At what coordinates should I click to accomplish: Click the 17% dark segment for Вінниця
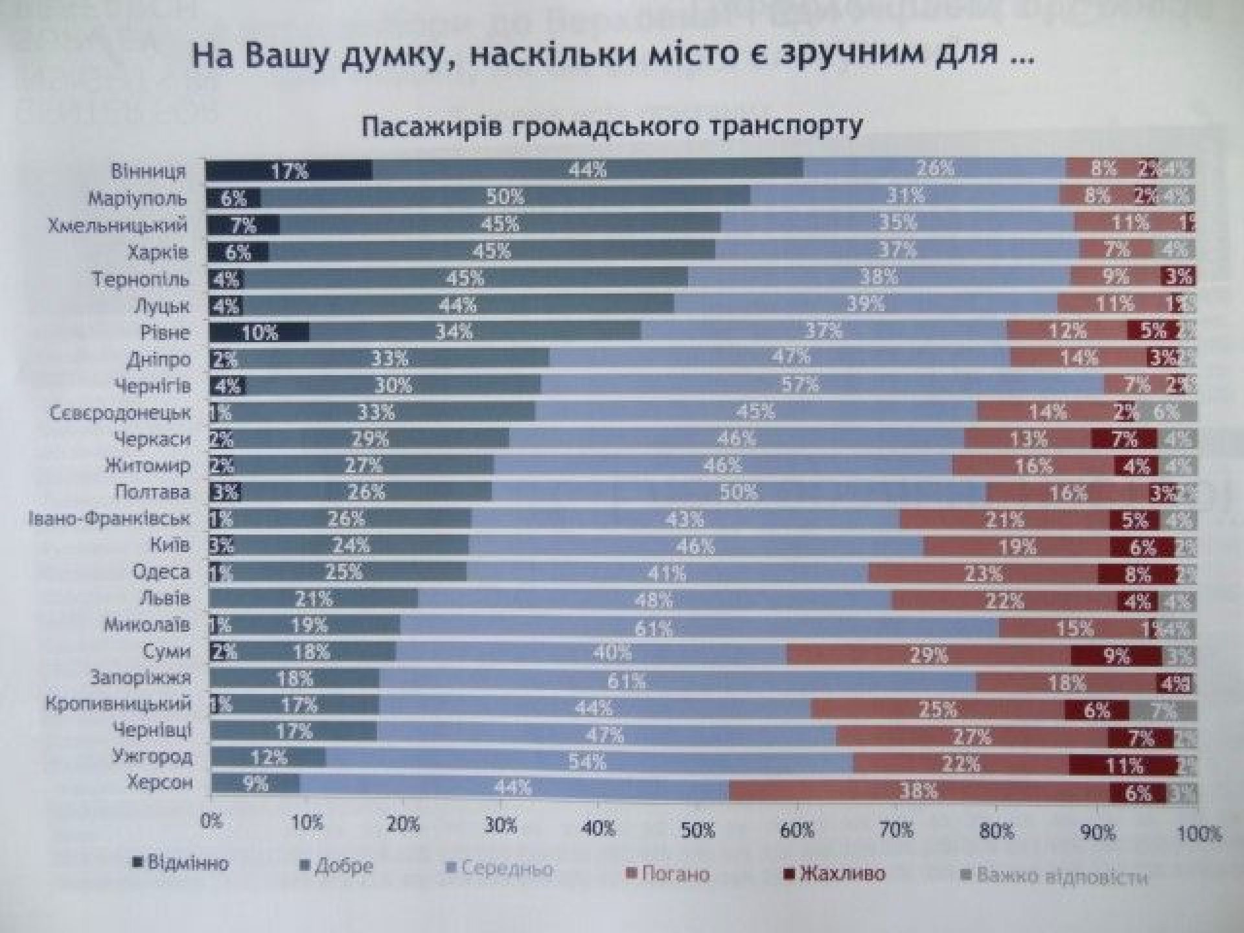(x=289, y=170)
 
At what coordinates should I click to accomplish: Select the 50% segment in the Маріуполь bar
(x=505, y=196)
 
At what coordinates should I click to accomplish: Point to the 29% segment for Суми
(x=929, y=655)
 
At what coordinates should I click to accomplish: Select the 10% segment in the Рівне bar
(x=259, y=332)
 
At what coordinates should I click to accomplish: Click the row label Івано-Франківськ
(x=109, y=519)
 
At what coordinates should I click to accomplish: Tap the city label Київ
(x=170, y=546)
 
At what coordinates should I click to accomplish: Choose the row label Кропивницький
(x=118, y=704)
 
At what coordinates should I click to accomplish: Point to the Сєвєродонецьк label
(x=120, y=413)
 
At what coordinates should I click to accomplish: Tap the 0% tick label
(x=211, y=822)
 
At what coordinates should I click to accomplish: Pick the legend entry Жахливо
(x=841, y=874)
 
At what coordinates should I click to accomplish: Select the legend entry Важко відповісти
(x=1061, y=877)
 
